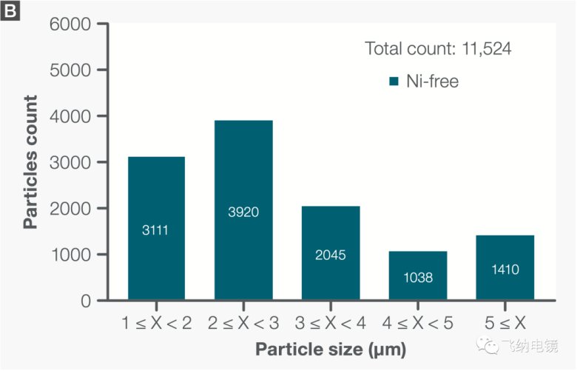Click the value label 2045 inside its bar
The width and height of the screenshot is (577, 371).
[x=331, y=256]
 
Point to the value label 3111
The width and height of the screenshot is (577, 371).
[x=156, y=230]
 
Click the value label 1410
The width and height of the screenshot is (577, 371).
[x=505, y=270]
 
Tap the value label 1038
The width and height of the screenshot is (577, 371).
[x=418, y=278]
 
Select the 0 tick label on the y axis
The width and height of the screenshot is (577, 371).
[x=86, y=301]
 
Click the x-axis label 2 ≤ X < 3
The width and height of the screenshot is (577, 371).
[x=243, y=323]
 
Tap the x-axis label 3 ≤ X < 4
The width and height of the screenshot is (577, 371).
[x=331, y=323]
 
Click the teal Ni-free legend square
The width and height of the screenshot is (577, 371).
[x=394, y=81]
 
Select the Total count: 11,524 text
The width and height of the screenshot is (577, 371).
[x=439, y=49]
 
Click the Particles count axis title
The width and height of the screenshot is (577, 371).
[x=30, y=162]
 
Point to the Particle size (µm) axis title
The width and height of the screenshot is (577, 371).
[x=331, y=348]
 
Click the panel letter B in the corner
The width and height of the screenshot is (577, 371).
[x=10, y=10]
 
